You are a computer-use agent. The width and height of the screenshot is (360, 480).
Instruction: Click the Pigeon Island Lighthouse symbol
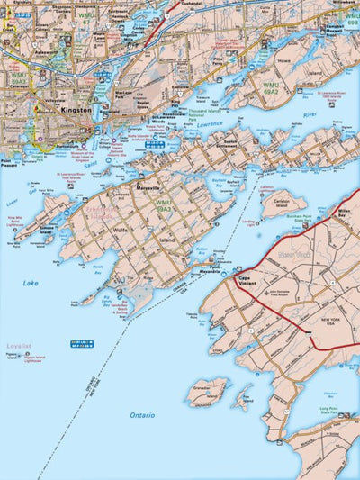click(x=31, y=358)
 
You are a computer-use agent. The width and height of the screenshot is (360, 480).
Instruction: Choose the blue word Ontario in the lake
click(x=142, y=415)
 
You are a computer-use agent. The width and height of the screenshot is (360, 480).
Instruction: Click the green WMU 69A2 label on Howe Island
click(x=270, y=90)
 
